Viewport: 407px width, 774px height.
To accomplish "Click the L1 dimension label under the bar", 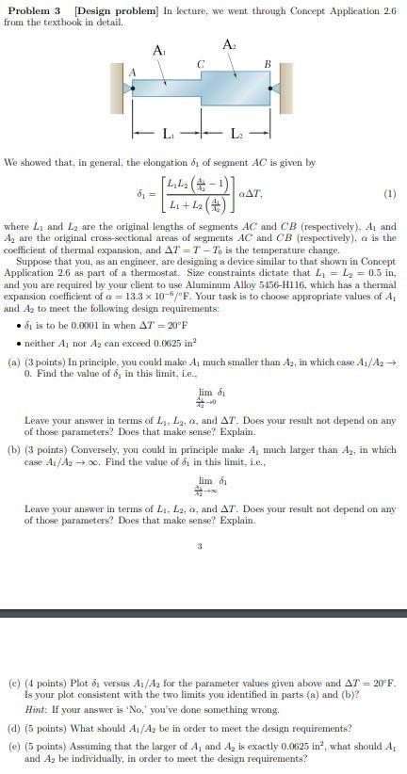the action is coord(170,131).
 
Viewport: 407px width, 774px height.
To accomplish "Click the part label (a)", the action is coord(13,362).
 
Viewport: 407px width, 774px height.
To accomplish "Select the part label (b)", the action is coord(13,449).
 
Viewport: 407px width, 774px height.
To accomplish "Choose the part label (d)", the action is coord(13,728).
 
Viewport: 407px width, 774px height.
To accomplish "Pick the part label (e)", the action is coord(13,744).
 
